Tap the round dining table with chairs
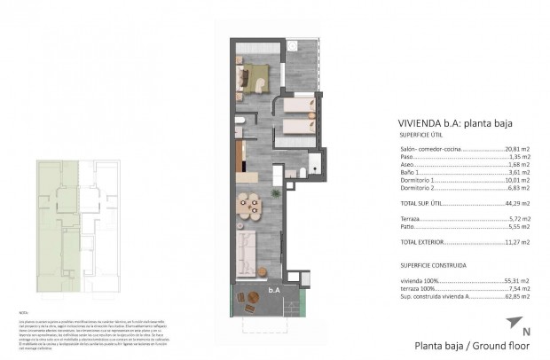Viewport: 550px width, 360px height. pyautogui.click(x=248, y=207)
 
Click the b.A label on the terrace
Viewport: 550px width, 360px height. pyautogui.click(x=274, y=289)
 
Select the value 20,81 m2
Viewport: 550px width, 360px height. pyautogui.click(x=517, y=149)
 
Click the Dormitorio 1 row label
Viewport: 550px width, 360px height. pyautogui.click(x=419, y=180)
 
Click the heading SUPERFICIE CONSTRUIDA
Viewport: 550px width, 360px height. pyautogui.click(x=432, y=264)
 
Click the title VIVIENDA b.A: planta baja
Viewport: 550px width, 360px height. pyautogui.click(x=457, y=124)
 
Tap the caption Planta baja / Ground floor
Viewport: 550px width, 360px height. pyautogui.click(x=462, y=345)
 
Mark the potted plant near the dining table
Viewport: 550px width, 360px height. pyautogui.click(x=276, y=192)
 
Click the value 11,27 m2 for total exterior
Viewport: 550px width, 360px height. pyautogui.click(x=517, y=241)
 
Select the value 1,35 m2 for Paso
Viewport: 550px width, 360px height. pyautogui.click(x=519, y=157)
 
